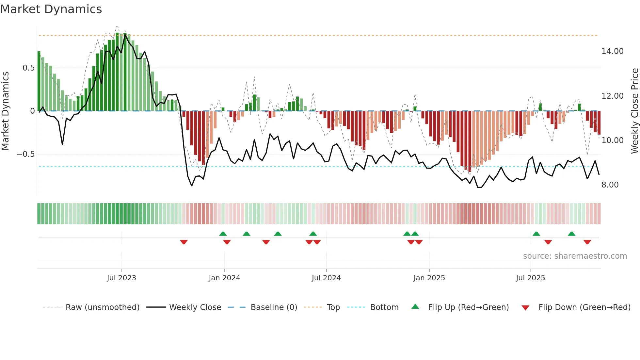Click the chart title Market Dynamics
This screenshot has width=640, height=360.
[51, 9]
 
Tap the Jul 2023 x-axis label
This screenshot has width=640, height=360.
[121, 278]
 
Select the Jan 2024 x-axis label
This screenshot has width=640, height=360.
[224, 278]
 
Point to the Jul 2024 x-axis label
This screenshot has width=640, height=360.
[326, 278]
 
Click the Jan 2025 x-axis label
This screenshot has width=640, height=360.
[429, 278]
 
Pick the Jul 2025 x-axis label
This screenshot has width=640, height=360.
[531, 278]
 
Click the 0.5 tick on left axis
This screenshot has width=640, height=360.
[28, 68]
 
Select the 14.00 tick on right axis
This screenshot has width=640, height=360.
[613, 51]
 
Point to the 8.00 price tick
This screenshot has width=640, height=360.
[610, 185]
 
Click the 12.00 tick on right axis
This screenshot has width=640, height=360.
[613, 96]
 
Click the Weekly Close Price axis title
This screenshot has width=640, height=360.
[635, 111]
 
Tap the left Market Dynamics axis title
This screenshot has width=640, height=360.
[5, 111]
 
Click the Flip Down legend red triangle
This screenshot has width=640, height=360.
[525, 308]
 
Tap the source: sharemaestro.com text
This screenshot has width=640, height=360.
[575, 256]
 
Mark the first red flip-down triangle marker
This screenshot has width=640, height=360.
[184, 242]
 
